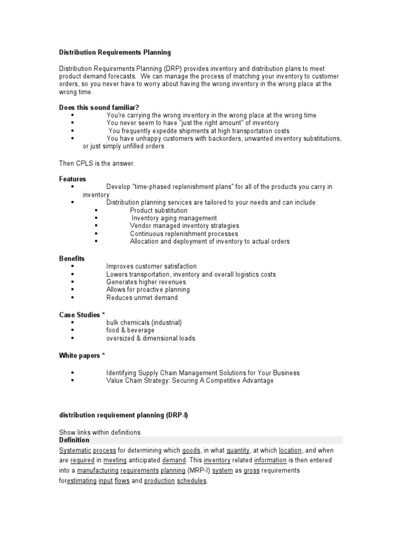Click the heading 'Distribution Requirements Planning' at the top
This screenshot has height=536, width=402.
point(115,52)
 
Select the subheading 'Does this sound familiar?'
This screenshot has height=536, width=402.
point(99,107)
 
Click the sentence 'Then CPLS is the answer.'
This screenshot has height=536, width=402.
point(97,163)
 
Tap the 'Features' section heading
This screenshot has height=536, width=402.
point(72,179)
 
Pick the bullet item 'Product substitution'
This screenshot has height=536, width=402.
point(159,210)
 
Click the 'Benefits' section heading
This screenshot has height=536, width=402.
point(72,259)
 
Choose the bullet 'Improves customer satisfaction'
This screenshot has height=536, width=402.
point(151,266)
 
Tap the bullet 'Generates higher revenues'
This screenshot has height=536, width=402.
point(146,282)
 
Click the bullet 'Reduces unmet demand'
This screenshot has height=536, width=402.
point(142,297)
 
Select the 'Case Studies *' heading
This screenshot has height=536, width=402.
point(82,315)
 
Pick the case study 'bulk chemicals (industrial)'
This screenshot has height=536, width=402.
point(144,322)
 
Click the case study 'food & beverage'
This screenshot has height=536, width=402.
point(130,330)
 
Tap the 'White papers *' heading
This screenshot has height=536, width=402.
point(82,355)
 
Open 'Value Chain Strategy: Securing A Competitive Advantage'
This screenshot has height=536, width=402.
point(189,381)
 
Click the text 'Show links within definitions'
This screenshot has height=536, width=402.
point(100,432)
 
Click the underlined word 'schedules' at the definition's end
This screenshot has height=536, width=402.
point(192,481)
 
